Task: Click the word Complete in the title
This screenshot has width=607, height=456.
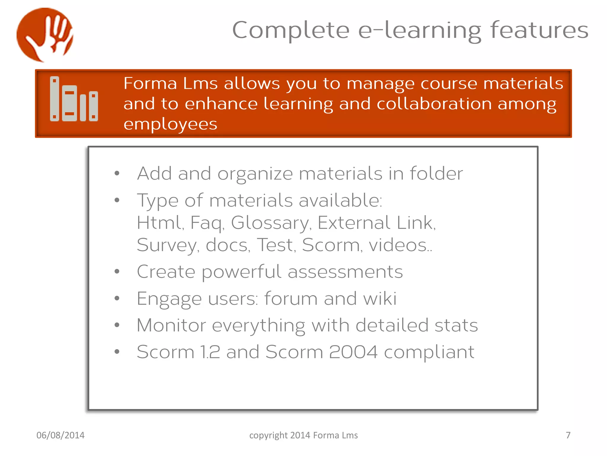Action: pyautogui.click(x=291, y=30)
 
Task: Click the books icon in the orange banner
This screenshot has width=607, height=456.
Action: pyautogui.click(x=74, y=99)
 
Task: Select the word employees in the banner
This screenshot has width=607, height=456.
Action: pyautogui.click(x=170, y=124)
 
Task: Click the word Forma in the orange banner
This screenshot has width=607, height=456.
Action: pyautogui.click(x=150, y=83)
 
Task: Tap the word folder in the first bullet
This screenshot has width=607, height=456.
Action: pyautogui.click(x=436, y=173)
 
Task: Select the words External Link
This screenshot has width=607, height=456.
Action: pyautogui.click(x=376, y=223)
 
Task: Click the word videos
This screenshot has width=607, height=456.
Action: pyautogui.click(x=399, y=245)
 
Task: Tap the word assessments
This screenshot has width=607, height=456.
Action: pyautogui.click(x=345, y=272)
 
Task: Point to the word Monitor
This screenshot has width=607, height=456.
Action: pyautogui.click(x=171, y=325)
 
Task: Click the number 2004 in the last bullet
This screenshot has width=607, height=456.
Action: pyautogui.click(x=353, y=352)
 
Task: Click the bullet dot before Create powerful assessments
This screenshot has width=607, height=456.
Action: pyautogui.click(x=117, y=271)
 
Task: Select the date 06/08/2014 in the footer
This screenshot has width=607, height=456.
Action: pyautogui.click(x=60, y=435)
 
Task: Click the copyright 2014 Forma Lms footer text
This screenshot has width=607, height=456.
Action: pyautogui.click(x=303, y=435)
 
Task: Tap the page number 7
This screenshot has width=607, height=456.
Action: pyautogui.click(x=568, y=435)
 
